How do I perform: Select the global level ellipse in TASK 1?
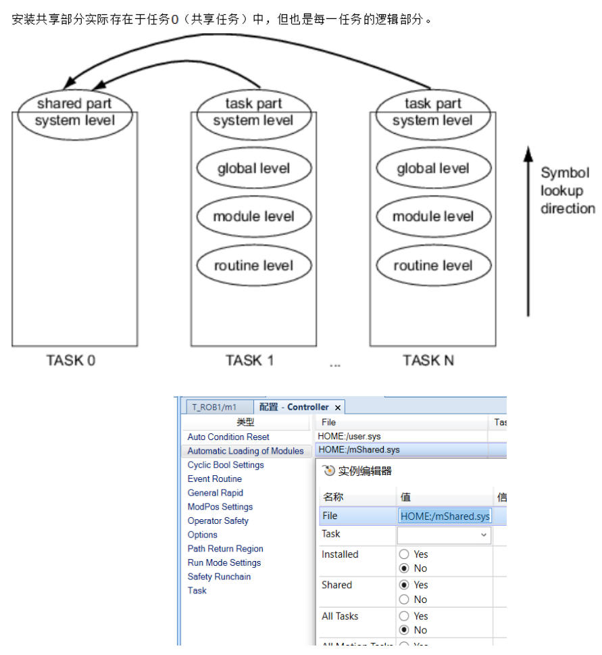click(254, 168)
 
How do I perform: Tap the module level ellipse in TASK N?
click(433, 217)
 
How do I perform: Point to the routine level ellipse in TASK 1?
click(254, 266)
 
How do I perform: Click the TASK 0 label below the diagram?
click(71, 360)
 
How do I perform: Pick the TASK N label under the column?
click(428, 360)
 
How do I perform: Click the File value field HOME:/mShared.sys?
click(445, 516)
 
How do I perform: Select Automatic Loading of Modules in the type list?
click(245, 451)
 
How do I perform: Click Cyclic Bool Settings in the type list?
click(226, 465)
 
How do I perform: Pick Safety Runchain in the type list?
click(219, 577)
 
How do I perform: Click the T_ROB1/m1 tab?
click(215, 407)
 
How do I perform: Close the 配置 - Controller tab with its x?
click(338, 407)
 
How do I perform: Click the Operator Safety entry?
click(218, 520)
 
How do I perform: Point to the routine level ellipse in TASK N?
click(433, 266)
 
